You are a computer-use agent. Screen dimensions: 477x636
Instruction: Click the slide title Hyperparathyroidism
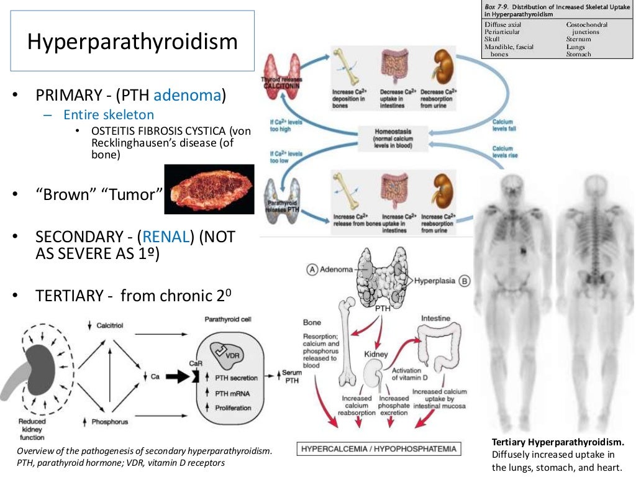click(132, 42)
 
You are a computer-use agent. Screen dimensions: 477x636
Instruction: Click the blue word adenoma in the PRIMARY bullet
click(188, 96)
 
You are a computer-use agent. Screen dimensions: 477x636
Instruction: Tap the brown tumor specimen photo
click(209, 189)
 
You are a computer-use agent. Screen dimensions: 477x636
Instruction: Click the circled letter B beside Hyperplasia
click(465, 280)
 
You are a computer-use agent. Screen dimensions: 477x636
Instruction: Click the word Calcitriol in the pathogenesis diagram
click(109, 326)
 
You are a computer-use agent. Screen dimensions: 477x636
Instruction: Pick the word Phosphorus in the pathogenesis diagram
click(109, 422)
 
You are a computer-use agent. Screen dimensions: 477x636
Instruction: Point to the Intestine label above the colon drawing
click(435, 318)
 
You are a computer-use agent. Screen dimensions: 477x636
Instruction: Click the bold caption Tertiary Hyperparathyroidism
click(557, 442)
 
